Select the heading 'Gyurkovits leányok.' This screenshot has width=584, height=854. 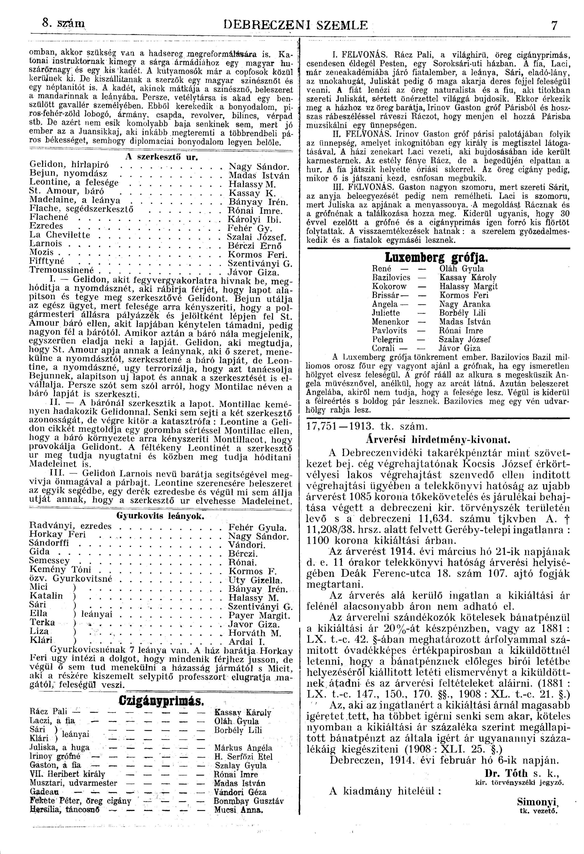pos(159,516)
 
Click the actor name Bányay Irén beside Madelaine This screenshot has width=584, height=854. pos(257,202)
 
